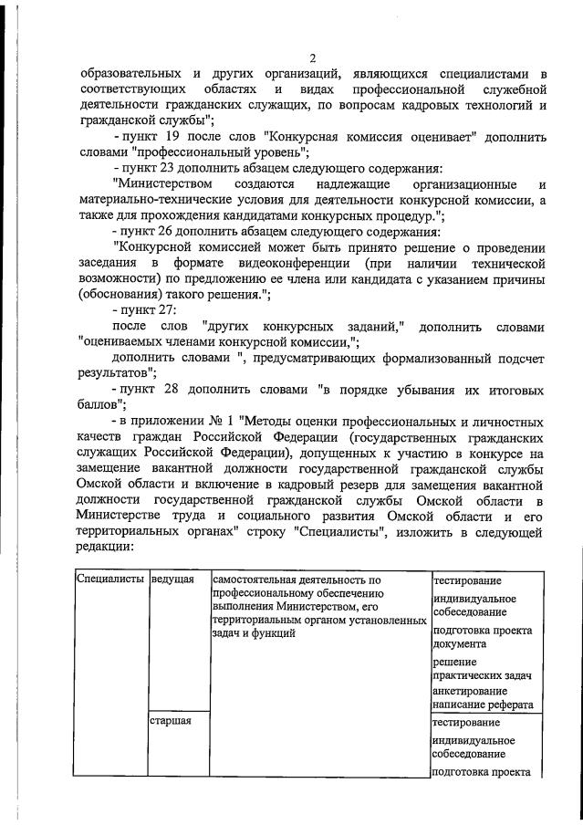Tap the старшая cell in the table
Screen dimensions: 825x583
point(172,722)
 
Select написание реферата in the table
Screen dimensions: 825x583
point(484,705)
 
